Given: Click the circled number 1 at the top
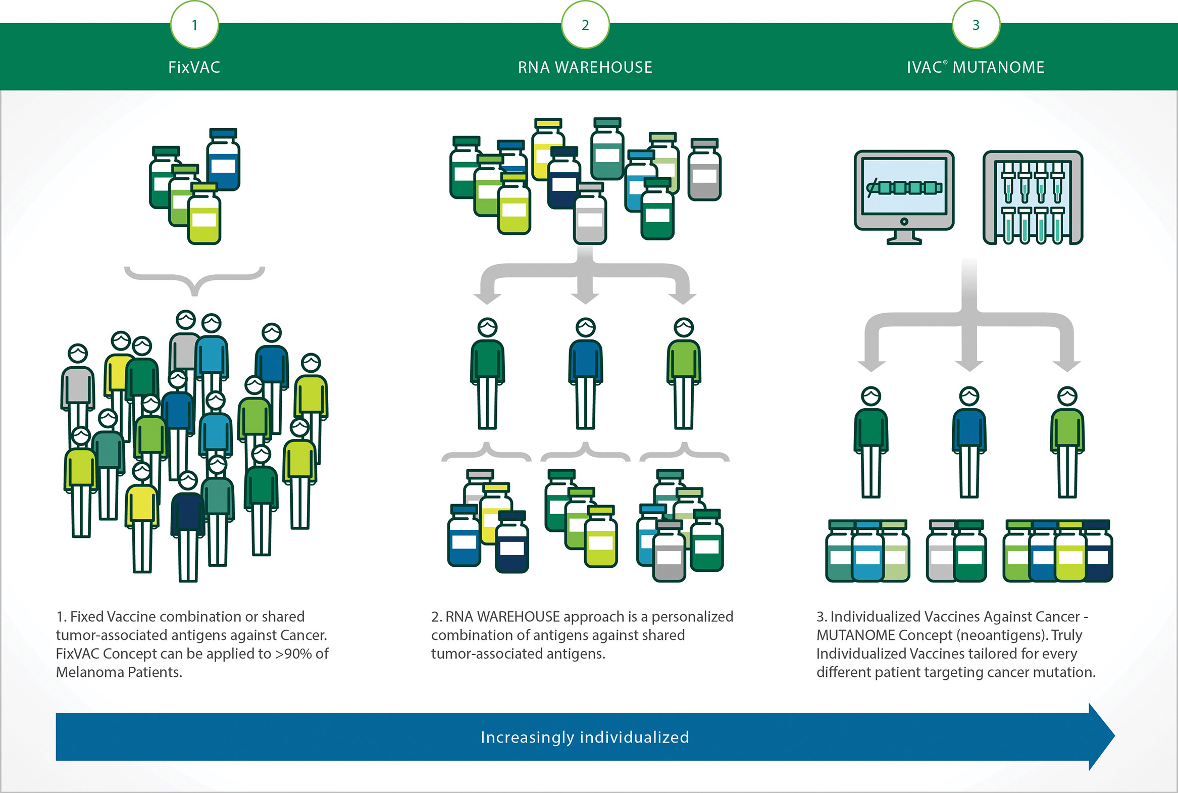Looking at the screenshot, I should [x=194, y=25].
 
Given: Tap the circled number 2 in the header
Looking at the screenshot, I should [x=585, y=25].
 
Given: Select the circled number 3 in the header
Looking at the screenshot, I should [x=976, y=25].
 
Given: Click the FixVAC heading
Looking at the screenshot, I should [x=194, y=67].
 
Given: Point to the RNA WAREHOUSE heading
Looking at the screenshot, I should [x=585, y=67].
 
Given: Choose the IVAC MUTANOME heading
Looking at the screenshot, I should [x=975, y=67].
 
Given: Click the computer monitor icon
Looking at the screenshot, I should [x=904, y=194].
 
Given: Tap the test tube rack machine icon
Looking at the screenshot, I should [x=1033, y=197].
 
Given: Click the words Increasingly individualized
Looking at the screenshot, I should [x=585, y=737].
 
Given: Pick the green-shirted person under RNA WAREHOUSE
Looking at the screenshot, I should [x=487, y=374].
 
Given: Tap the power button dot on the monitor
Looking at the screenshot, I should [x=904, y=222].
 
